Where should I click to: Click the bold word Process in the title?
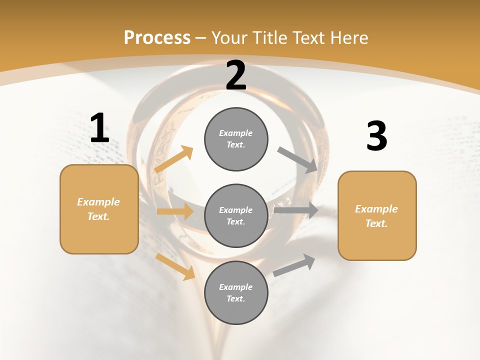157,37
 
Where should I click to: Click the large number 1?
99,128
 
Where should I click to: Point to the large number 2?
236,75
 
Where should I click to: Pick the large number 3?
376,136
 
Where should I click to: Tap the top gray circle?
236,139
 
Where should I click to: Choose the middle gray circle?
236,215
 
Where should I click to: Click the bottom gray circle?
236,292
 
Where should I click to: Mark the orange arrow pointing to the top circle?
174,159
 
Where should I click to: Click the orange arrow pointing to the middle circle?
175,211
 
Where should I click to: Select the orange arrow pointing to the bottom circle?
175,266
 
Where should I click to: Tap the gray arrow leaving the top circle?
297,160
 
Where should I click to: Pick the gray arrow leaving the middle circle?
296,210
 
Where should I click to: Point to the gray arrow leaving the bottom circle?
294,265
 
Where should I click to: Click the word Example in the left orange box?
98,202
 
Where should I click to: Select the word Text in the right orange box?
376,223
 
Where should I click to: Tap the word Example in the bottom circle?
235,287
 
